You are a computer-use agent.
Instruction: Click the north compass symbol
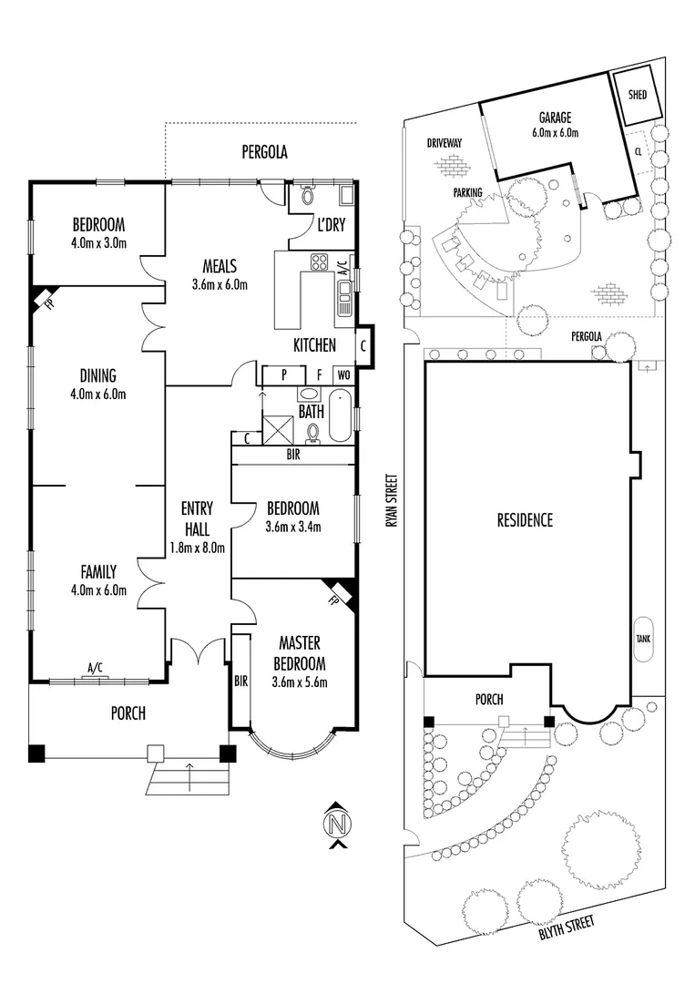(x=337, y=825)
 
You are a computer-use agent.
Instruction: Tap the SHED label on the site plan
(x=638, y=93)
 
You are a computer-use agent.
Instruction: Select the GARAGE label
(x=554, y=118)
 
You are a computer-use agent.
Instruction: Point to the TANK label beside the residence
(x=642, y=639)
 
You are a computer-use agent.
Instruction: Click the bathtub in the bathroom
(x=341, y=415)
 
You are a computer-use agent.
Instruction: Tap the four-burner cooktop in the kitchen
(x=321, y=263)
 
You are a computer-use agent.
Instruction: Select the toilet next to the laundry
(x=307, y=195)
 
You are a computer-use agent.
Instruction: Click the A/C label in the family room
(x=95, y=668)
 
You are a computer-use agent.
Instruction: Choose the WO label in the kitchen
(x=343, y=374)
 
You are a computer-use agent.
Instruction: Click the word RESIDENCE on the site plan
(x=525, y=520)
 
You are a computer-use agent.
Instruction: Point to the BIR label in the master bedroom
(x=240, y=681)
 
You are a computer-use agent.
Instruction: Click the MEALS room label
(x=219, y=267)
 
